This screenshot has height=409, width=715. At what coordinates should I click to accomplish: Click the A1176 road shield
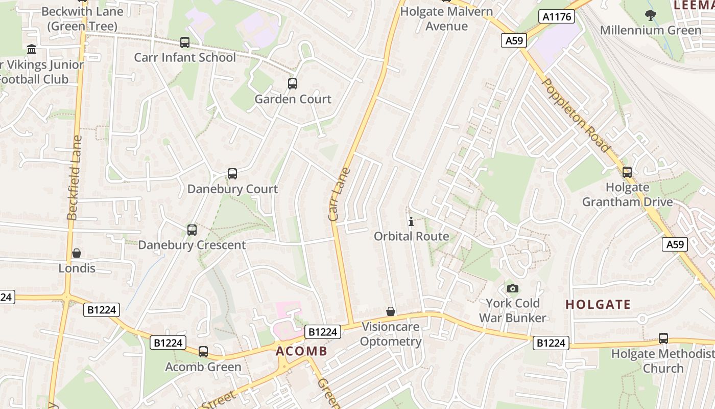(556, 17)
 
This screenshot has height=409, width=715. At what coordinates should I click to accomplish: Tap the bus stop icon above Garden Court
(293, 84)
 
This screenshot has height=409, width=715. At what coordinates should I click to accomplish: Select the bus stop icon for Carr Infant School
(185, 42)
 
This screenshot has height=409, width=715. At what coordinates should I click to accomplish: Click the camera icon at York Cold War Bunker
(513, 288)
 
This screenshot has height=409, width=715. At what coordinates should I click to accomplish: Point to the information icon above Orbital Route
(411, 221)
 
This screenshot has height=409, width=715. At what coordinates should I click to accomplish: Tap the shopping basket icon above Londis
(77, 253)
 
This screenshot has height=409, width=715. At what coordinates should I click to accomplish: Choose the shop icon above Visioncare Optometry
(391, 311)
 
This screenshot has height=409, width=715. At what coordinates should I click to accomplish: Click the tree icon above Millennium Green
(650, 15)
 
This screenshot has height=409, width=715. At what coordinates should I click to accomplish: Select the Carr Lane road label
(340, 194)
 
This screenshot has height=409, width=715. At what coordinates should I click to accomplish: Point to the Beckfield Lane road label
(75, 177)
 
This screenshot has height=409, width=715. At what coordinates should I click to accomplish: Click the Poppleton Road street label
(576, 116)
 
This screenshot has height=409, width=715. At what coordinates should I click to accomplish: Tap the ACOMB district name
(301, 351)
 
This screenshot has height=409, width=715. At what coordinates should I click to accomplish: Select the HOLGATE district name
(598, 305)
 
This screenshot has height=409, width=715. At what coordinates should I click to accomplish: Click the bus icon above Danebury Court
(232, 174)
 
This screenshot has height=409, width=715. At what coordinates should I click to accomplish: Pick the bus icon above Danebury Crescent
(192, 230)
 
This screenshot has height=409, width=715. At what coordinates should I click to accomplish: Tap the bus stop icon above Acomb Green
(203, 352)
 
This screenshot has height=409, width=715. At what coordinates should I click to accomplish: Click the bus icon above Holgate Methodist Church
(663, 338)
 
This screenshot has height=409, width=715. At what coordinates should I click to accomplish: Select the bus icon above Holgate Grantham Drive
(627, 172)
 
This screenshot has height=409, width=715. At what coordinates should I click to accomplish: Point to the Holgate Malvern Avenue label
(447, 18)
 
